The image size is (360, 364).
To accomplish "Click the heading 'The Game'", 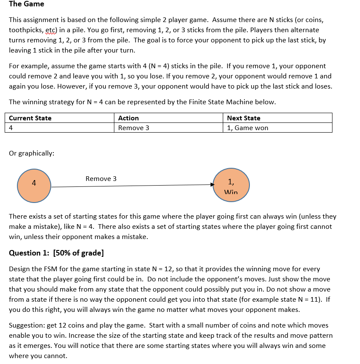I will click(x=26, y=4).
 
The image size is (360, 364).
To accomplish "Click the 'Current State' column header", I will click(x=30, y=118).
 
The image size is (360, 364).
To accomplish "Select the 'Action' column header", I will click(x=128, y=118).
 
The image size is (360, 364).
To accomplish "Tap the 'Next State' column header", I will click(x=244, y=118).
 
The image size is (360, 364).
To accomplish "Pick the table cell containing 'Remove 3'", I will click(x=133, y=128).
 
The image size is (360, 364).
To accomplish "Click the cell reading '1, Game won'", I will click(x=247, y=128).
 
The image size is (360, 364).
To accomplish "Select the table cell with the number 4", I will click(x=11, y=128).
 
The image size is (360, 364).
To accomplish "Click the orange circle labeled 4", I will click(x=34, y=186).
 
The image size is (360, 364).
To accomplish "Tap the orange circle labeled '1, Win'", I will click(x=231, y=186).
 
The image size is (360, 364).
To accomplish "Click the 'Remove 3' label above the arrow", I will click(x=101, y=179).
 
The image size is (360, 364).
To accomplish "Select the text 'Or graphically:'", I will click(x=31, y=153).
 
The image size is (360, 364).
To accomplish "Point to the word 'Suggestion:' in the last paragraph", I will click(x=27, y=325).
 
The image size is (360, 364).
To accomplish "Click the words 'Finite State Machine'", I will click(x=222, y=102).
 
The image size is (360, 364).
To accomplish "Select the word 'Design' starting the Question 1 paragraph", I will click(x=19, y=269).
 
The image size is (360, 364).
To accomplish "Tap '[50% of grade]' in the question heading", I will click(x=78, y=253).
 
